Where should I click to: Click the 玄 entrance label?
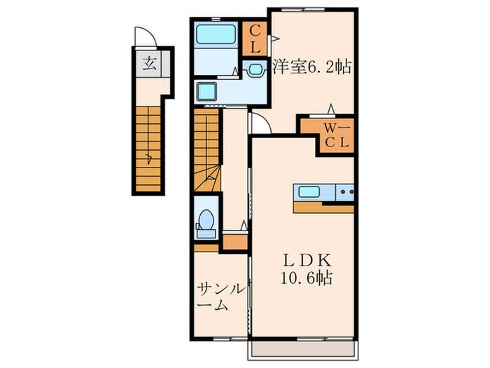click(150, 64)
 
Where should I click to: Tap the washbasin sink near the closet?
click(253, 69)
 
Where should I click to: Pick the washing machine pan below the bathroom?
click(209, 91)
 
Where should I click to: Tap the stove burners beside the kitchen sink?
click(345, 191)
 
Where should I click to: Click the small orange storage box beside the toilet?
click(235, 242)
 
